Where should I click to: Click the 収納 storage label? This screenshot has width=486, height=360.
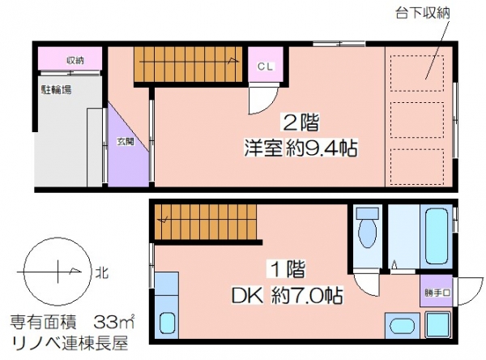(x=75, y=61)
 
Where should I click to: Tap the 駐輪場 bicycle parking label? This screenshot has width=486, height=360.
(x=57, y=90)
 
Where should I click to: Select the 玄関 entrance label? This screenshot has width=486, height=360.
(x=126, y=142)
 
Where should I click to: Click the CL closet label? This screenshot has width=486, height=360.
(x=266, y=66)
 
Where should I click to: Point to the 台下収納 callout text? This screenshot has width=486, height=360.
(x=423, y=13)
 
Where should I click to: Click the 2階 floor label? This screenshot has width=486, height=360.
(x=300, y=123)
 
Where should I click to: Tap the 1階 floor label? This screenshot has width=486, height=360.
(x=287, y=268)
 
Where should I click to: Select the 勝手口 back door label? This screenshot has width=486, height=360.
(x=437, y=293)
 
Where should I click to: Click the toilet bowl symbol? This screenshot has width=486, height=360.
(x=368, y=228)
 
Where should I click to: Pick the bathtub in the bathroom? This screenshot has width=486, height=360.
(x=437, y=237)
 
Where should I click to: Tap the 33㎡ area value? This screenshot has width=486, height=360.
(x=114, y=323)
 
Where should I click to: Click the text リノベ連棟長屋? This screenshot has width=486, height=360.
(x=70, y=343)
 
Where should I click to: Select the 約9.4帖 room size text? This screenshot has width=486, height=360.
(x=322, y=148)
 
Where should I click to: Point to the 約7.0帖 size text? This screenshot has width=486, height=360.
(x=307, y=295)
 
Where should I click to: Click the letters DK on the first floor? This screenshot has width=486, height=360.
(x=248, y=296)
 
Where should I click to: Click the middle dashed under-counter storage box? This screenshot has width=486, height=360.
(x=417, y=120)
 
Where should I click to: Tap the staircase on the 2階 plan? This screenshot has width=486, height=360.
(x=188, y=65)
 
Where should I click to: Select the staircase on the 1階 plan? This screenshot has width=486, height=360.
(x=206, y=221)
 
